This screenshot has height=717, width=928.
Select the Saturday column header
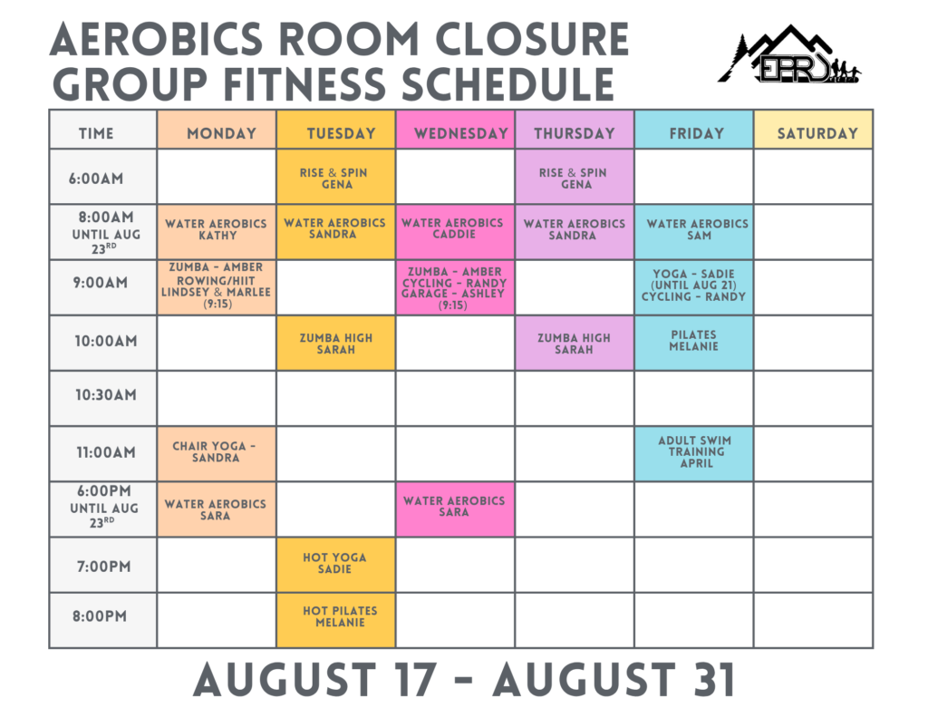[814, 130]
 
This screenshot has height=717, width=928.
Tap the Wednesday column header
[456, 130]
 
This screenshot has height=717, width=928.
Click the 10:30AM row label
[105, 395]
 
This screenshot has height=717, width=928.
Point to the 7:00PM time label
[103, 567]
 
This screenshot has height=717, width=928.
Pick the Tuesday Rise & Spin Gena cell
[335, 177]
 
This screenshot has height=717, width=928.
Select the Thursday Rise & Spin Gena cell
[575, 177]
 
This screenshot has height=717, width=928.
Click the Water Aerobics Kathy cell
[217, 232]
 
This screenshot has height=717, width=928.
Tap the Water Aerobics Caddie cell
[456, 232]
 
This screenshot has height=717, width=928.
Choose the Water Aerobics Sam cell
[694, 232]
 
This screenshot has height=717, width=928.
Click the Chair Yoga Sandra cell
[217, 453]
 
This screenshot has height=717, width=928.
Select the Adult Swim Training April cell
[694, 453]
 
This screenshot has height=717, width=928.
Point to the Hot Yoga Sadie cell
[335, 565]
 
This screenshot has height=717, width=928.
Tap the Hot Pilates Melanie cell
[335, 620]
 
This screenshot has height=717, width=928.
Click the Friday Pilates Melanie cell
[694, 343]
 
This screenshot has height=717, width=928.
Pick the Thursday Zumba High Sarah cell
[575, 343]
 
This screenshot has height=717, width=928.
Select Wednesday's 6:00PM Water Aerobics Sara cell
[456, 509]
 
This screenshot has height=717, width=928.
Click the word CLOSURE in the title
[532, 40]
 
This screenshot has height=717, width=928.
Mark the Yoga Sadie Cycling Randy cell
[694, 287]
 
